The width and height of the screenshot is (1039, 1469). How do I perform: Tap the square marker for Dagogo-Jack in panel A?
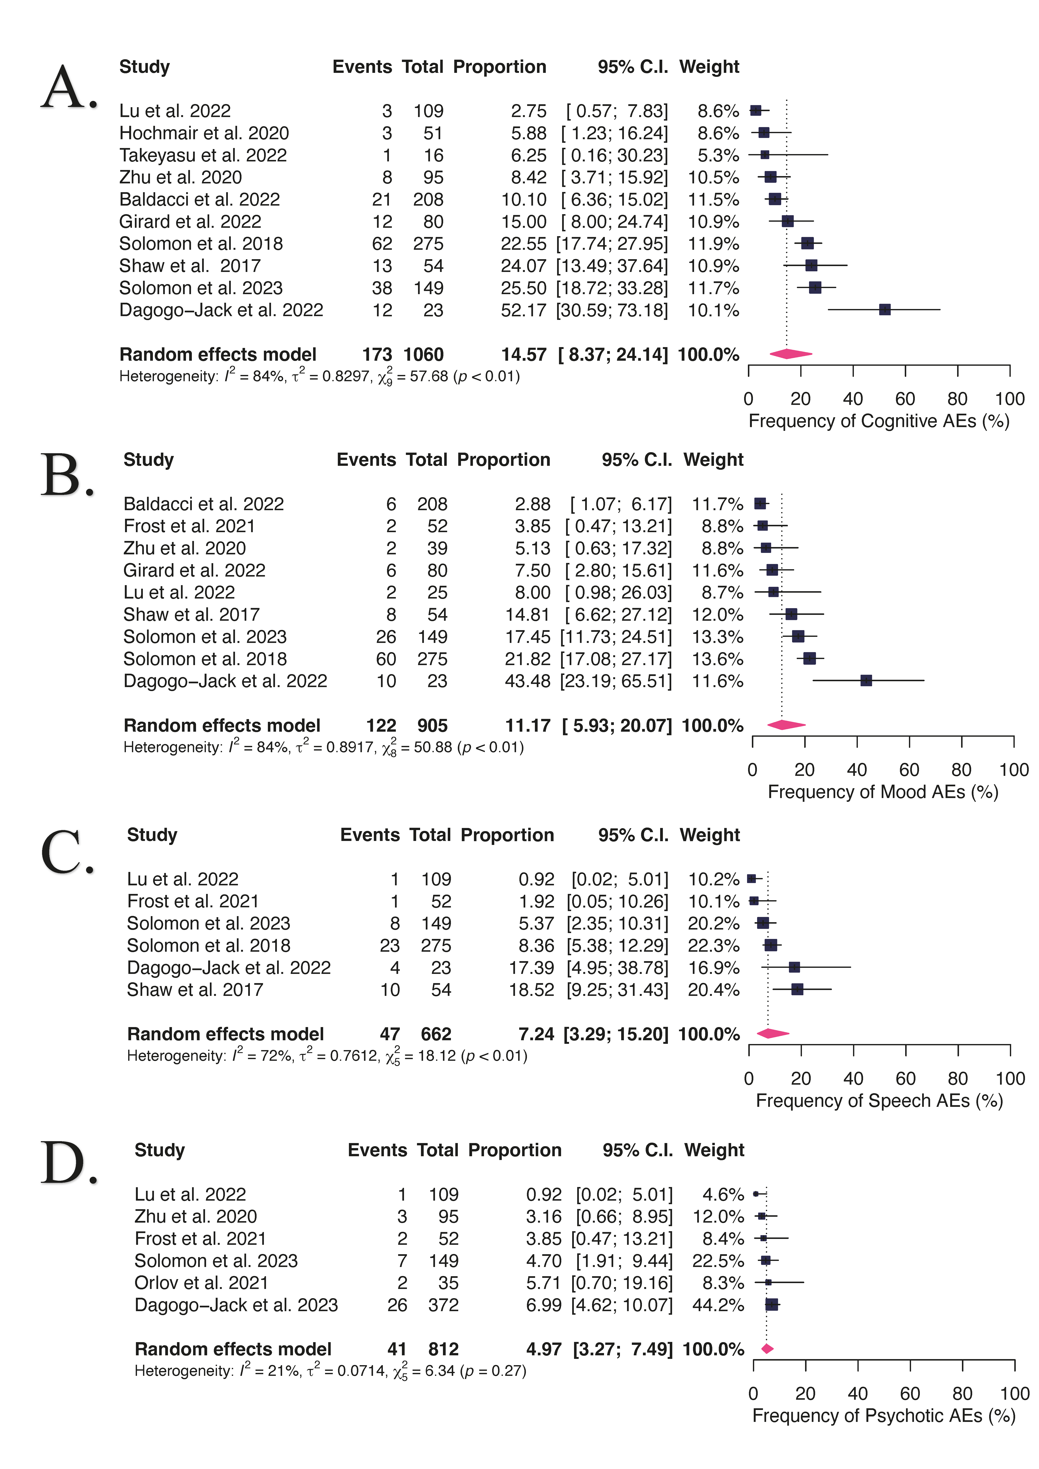pos(885,310)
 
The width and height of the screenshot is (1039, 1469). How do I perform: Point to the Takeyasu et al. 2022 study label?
pos(203,156)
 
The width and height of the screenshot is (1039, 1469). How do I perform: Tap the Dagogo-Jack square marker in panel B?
pos(866,681)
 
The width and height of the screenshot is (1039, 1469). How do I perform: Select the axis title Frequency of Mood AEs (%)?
pos(883,792)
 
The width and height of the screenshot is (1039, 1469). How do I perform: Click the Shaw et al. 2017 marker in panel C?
pos(797,990)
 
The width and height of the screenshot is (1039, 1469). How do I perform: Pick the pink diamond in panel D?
pos(767,1349)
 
